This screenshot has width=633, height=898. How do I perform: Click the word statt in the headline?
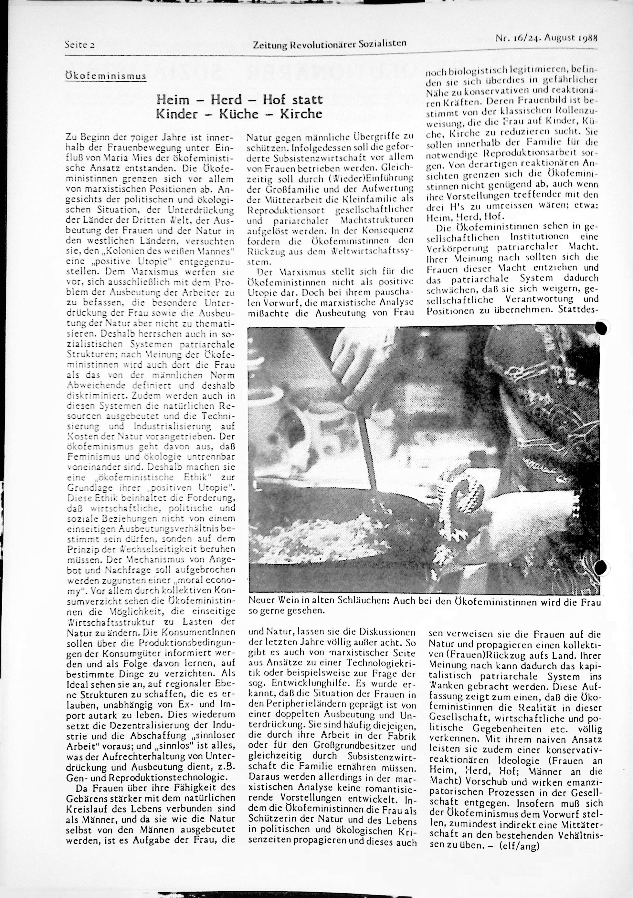[x=307, y=100]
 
